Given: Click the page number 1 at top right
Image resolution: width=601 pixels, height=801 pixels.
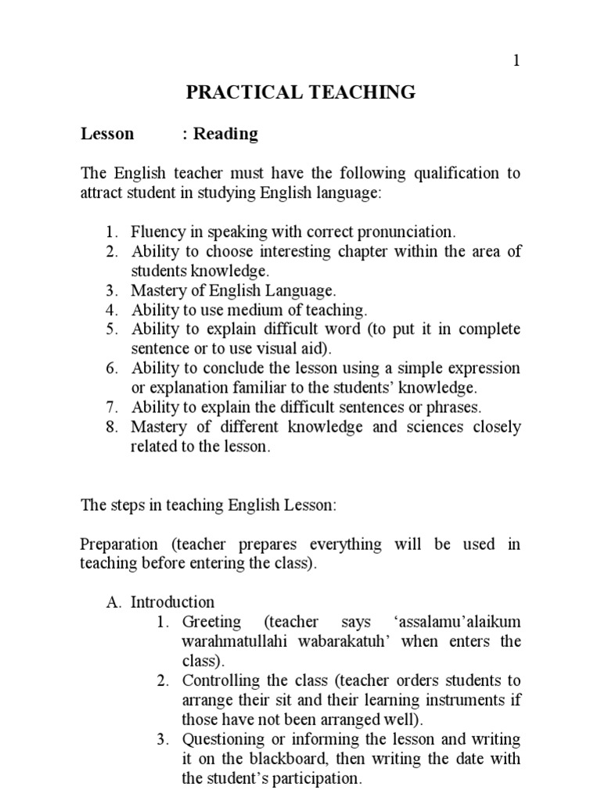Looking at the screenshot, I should (x=516, y=61).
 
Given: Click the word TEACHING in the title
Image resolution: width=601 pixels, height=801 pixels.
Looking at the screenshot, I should (x=365, y=92).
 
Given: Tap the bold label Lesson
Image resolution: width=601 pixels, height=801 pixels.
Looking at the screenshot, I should (x=107, y=134).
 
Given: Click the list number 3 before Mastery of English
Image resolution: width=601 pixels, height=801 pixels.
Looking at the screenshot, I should (x=112, y=290).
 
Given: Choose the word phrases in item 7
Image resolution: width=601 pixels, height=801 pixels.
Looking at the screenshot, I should (x=453, y=407).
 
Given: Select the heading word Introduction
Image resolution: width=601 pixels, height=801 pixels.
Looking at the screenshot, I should (x=172, y=602).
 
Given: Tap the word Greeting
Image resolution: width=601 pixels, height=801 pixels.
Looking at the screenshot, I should (x=211, y=622).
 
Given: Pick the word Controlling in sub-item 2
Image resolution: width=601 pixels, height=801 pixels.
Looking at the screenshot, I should (x=221, y=681).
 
